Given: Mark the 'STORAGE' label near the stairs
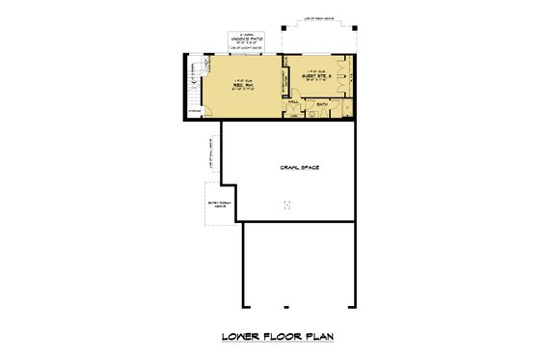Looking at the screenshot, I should (x=196, y=111).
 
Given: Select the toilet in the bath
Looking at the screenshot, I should (x=310, y=110).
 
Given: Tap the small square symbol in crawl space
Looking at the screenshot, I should (x=286, y=204).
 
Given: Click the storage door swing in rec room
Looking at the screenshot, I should (x=206, y=107).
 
